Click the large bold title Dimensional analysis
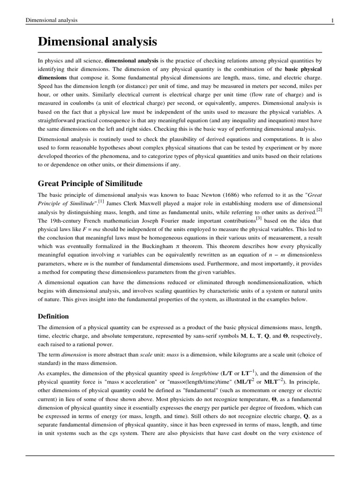97,42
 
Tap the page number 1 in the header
332,20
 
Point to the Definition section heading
53,316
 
